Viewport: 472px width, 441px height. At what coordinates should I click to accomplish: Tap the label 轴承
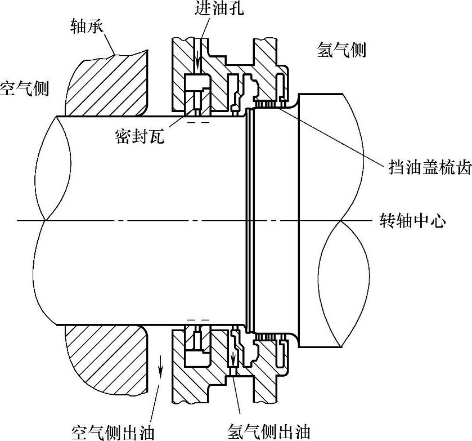tap(87, 26)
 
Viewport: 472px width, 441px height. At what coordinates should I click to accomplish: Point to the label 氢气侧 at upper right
tap(341, 50)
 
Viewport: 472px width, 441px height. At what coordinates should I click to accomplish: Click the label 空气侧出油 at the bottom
tap(113, 431)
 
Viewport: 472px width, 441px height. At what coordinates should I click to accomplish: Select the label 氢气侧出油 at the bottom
tap(268, 431)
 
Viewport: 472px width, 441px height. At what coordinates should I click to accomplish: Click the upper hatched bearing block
tap(107, 84)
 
